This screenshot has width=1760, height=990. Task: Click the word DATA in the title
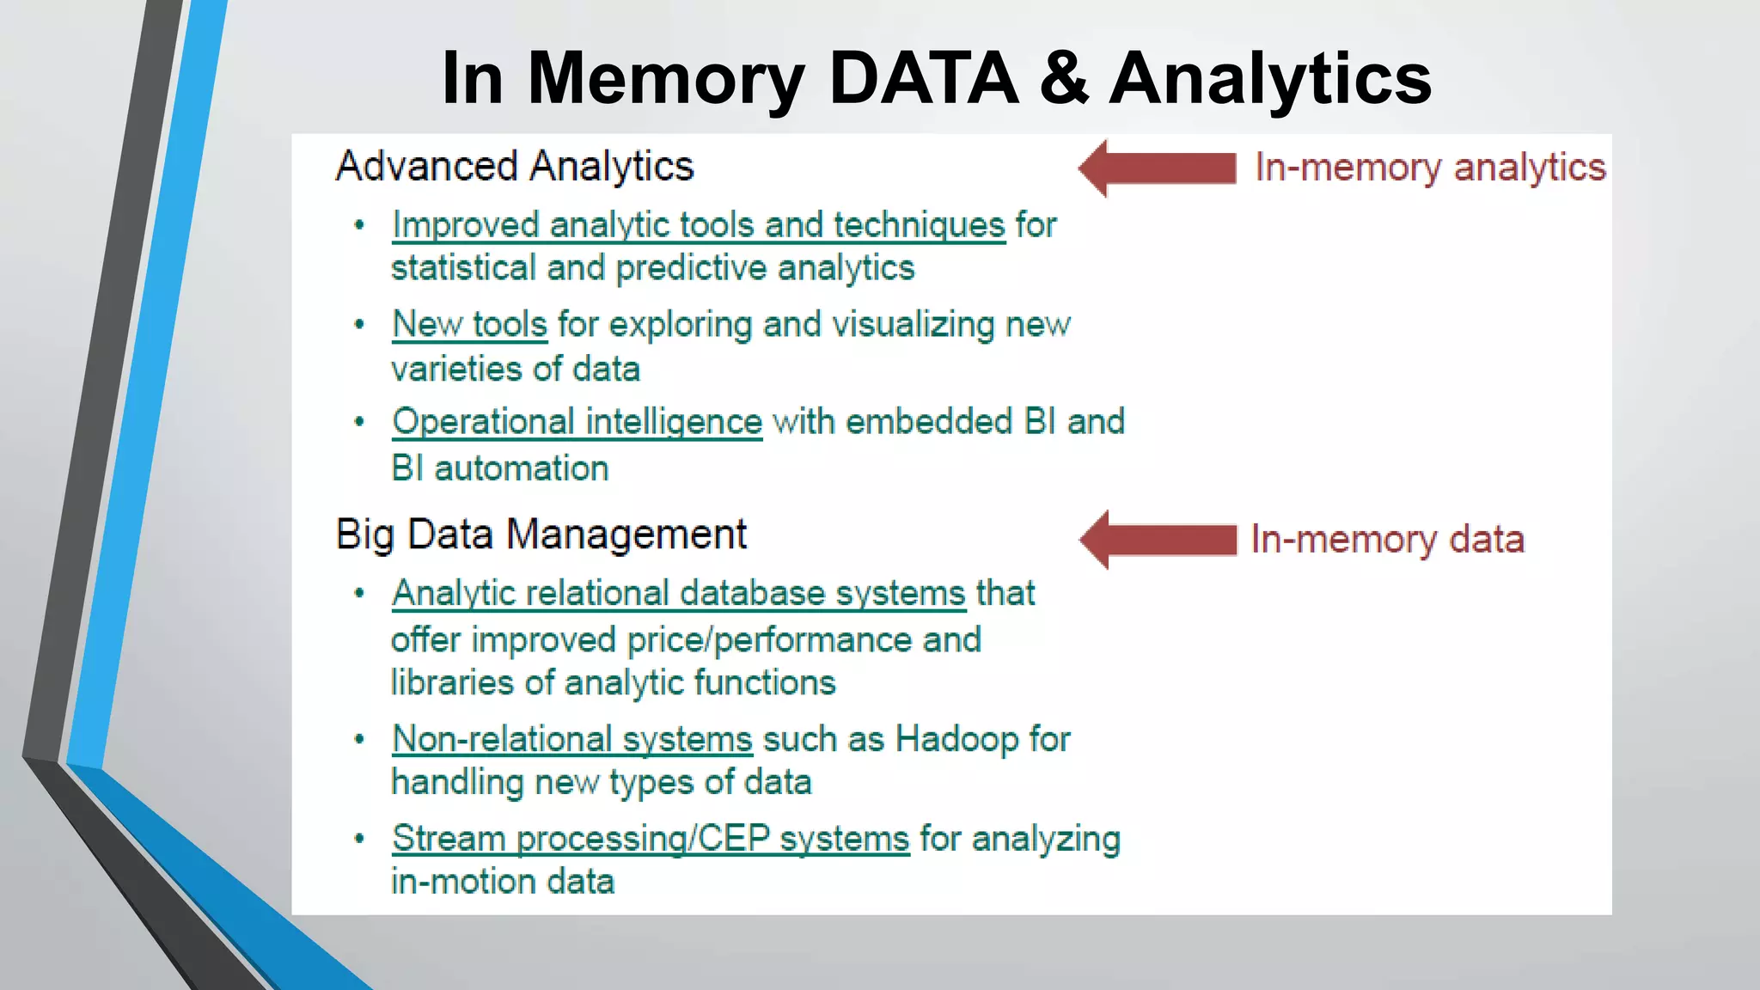coord(923,78)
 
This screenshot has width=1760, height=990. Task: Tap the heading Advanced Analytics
coord(514,166)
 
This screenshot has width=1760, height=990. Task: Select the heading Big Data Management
coord(541,535)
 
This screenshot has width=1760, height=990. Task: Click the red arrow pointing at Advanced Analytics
coord(1157,168)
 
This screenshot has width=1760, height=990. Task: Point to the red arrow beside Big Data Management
coord(1157,540)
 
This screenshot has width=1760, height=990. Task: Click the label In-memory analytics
coord(1429,168)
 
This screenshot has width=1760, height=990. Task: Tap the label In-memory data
coord(1387,540)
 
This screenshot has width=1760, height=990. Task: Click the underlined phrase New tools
coord(469,325)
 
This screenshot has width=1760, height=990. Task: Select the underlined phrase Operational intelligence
coord(577,422)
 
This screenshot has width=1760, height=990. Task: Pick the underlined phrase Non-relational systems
coord(572,739)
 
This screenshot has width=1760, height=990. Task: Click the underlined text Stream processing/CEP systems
coord(651,839)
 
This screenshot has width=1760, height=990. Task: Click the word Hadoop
coord(956,739)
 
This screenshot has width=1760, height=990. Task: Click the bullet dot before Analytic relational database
coord(360,594)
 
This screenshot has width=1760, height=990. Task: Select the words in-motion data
coord(503,882)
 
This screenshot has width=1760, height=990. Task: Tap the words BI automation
coord(499,469)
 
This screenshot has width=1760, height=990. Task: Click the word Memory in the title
coord(665,78)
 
